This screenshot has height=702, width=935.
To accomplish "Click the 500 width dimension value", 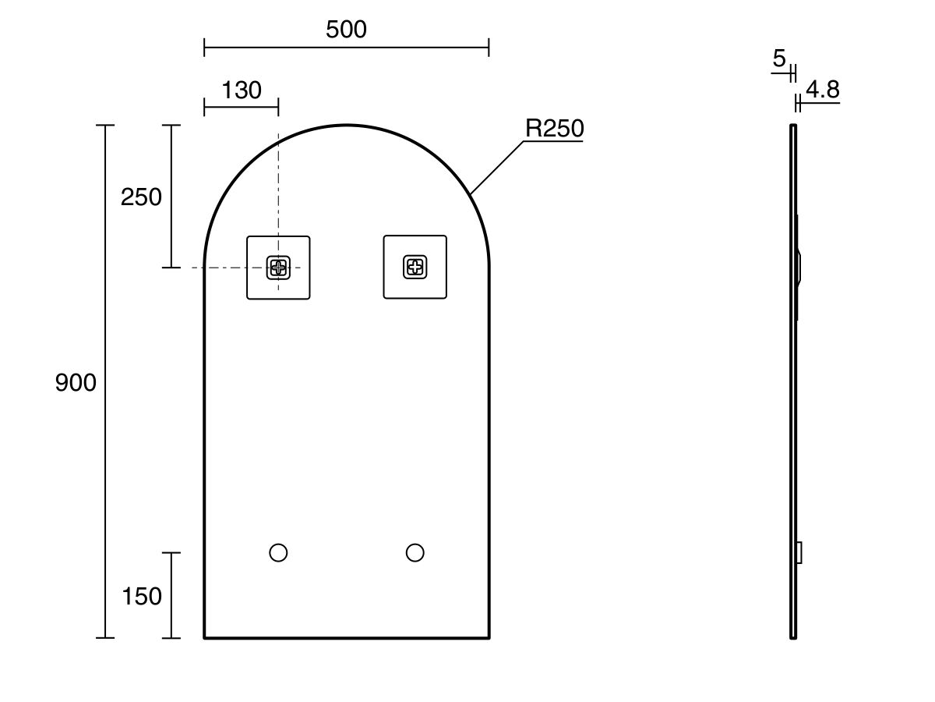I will point(346,30).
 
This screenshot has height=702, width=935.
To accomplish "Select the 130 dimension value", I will point(241,90).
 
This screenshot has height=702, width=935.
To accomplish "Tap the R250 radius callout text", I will point(554,129).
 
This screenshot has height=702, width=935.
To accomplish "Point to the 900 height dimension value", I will point(76,382).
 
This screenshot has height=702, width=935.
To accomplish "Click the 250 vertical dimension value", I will point(141,197).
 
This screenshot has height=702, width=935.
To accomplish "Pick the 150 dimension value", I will point(142,596).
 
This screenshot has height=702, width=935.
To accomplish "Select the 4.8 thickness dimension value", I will point(823,90).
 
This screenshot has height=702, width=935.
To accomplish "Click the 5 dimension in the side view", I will point(779,58).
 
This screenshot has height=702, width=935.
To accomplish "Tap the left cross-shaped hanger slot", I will point(278,268).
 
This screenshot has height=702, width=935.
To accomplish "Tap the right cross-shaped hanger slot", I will point(415,268).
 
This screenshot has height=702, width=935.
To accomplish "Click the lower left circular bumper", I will point(278,553).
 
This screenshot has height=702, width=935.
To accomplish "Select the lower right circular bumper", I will point(415,553).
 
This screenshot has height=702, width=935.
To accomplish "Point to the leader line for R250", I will point(497,167).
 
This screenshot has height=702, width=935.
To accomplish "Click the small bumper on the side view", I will point(799,552).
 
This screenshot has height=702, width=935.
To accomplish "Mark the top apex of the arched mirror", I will point(347,125).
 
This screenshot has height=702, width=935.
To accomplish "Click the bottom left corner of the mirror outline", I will point(205,637).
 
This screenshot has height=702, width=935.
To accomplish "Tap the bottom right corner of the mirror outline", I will point(489,637).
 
